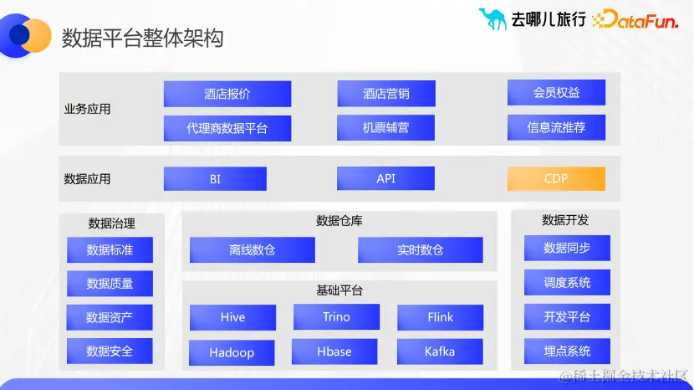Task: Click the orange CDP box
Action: pos(556,178)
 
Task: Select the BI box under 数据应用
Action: pos(215,178)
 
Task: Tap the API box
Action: pos(385,178)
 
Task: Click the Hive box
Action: pos(232,317)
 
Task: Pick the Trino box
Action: pos(336,316)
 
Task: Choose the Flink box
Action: pos(440,317)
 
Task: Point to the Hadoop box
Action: pos(232,352)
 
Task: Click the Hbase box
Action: pos(334,352)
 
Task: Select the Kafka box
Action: pos(440,352)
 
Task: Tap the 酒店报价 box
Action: pos(227,94)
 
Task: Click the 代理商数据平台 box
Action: pos(227,128)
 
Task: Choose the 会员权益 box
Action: pos(556,93)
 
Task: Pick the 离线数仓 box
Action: pos(252,249)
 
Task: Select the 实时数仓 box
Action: pos(420,249)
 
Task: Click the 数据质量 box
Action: pos(110,284)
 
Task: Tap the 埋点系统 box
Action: pos(567,351)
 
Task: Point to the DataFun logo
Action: pos(635,20)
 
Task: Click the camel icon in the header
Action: pos(492,18)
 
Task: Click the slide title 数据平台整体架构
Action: pos(142,38)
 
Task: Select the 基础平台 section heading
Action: pos(339,290)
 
